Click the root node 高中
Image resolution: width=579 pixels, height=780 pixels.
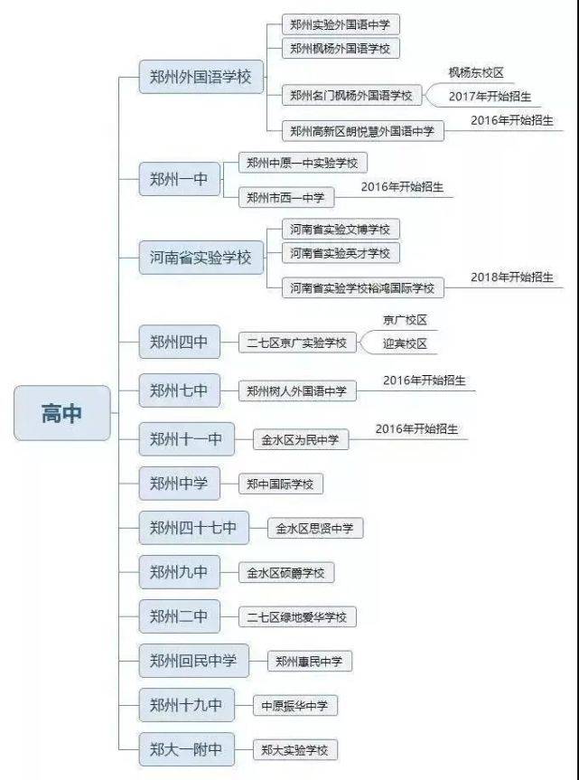click(x=62, y=413)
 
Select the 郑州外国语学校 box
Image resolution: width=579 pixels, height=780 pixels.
click(x=201, y=77)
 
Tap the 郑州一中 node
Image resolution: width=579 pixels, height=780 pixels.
click(x=180, y=179)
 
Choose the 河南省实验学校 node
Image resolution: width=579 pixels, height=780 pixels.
click(x=201, y=258)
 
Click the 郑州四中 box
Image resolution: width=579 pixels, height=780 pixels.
click(x=180, y=342)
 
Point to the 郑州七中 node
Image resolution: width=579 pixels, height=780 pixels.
click(x=180, y=390)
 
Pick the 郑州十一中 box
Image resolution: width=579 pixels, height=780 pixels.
click(x=187, y=438)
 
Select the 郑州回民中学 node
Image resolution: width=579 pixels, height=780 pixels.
click(x=194, y=660)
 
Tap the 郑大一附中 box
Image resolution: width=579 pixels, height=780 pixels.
click(x=187, y=748)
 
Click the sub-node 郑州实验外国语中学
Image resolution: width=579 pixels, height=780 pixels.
click(x=341, y=24)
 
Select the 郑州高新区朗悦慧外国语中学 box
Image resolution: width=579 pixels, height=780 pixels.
click(x=363, y=131)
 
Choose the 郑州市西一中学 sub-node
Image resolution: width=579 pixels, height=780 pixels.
click(x=286, y=198)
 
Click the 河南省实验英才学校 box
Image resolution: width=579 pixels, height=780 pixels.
click(x=341, y=253)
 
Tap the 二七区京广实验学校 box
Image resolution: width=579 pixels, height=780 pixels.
click(x=297, y=343)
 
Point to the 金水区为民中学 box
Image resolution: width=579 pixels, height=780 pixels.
click(x=301, y=439)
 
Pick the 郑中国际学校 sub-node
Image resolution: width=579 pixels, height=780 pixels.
click(x=281, y=484)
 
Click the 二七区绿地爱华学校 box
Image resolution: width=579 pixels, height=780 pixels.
click(x=297, y=617)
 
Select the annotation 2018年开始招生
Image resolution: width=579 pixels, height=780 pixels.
click(x=512, y=277)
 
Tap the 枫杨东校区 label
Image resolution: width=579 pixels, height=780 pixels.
click(x=476, y=72)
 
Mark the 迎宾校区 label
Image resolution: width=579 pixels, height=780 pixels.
click(x=405, y=343)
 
